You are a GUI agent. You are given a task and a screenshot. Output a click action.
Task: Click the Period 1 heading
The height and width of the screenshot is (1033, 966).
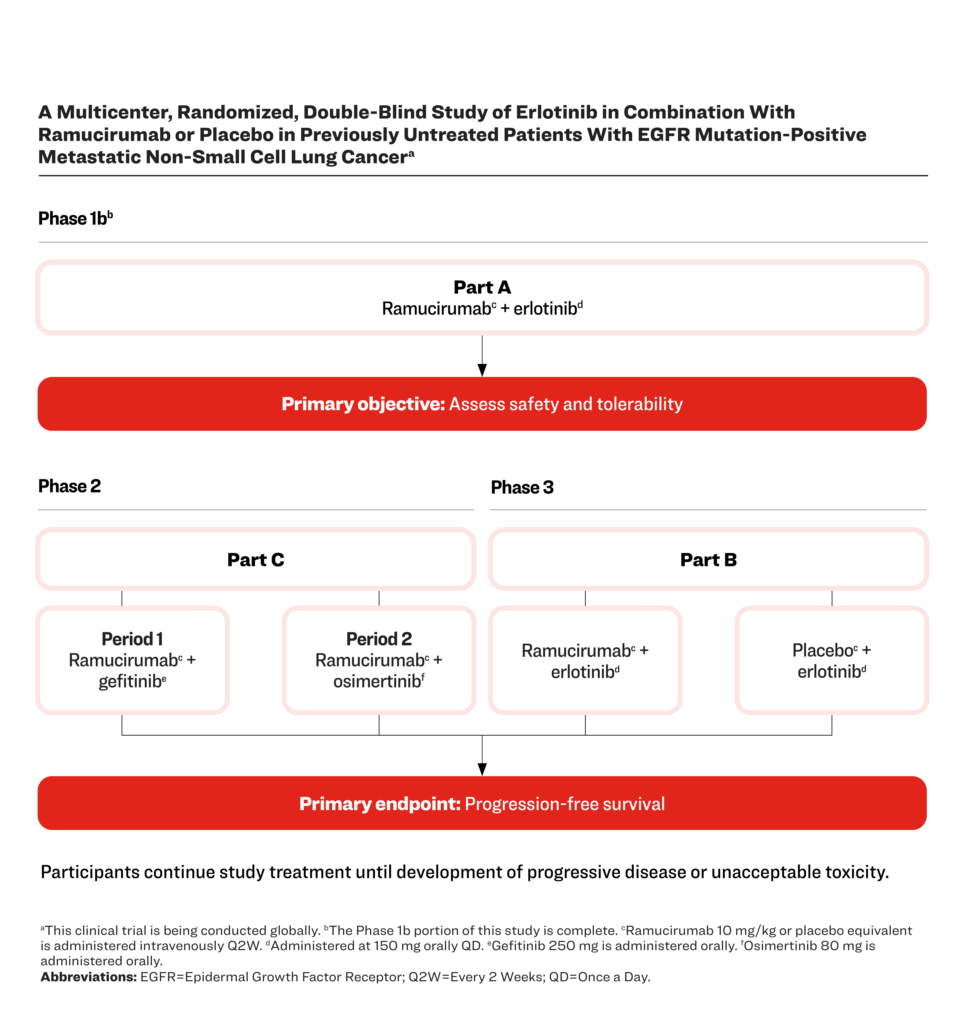point(132,639)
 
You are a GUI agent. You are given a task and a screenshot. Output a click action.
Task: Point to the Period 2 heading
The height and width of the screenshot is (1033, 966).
point(379,639)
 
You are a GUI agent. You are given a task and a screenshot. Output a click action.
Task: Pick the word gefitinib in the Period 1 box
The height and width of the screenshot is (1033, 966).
point(130,681)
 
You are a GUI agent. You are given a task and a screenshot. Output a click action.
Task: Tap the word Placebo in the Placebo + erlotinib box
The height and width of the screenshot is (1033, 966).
point(823,650)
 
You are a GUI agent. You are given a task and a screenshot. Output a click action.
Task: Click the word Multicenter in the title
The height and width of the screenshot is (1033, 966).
point(114,112)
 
